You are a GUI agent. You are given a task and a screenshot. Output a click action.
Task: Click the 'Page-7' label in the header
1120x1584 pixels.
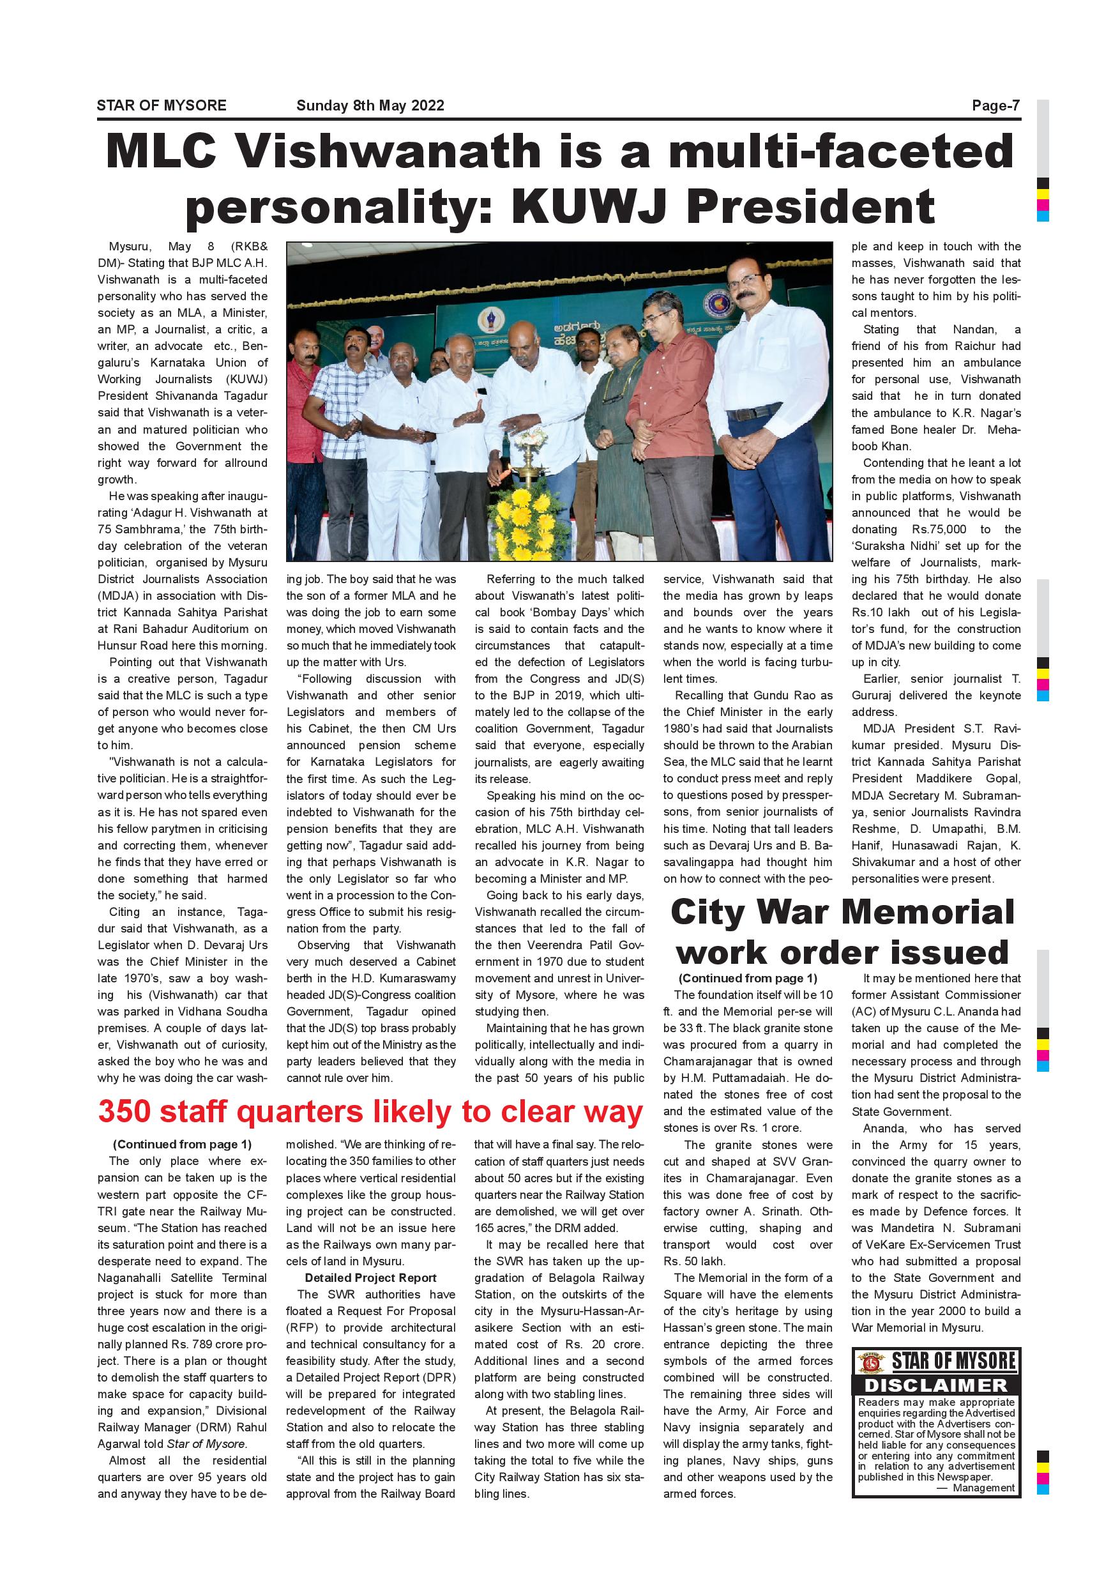pyautogui.click(x=995, y=105)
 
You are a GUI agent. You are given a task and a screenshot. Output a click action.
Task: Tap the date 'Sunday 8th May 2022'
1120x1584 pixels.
pyautogui.click(x=370, y=105)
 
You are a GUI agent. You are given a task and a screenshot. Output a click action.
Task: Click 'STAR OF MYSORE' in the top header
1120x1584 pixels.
pyautogui.click(x=162, y=105)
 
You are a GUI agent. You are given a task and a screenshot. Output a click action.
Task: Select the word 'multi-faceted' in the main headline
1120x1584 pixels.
pyautogui.click(x=841, y=151)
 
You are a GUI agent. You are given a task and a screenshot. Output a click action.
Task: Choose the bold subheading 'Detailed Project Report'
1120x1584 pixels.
pyautogui.click(x=370, y=1277)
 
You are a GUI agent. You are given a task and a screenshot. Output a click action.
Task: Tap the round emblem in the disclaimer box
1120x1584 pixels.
pyautogui.click(x=870, y=1362)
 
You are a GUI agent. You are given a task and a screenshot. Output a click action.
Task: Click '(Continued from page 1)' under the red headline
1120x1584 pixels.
pyautogui.click(x=182, y=1145)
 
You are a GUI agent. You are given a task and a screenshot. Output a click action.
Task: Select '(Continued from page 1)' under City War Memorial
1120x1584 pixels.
pyautogui.click(x=748, y=979)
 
